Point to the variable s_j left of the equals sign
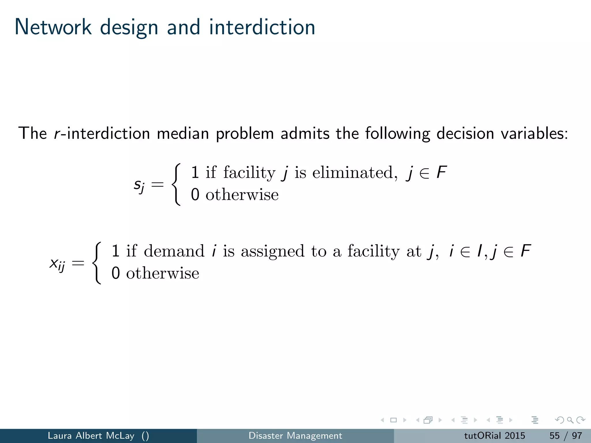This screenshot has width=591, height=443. (x=139, y=185)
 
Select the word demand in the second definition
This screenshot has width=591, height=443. (x=174, y=251)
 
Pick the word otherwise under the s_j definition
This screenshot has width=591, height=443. (x=242, y=195)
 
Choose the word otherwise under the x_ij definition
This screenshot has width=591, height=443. (x=162, y=273)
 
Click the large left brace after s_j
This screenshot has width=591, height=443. (x=176, y=184)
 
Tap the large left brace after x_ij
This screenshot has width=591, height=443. (x=97, y=263)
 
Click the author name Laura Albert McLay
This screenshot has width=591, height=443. (x=91, y=436)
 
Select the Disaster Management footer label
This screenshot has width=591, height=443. (x=295, y=436)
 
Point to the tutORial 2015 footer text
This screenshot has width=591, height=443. (x=494, y=436)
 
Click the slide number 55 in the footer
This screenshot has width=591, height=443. (x=554, y=436)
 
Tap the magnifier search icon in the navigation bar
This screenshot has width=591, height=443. (x=570, y=420)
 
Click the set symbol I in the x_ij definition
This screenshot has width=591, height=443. (x=479, y=251)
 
